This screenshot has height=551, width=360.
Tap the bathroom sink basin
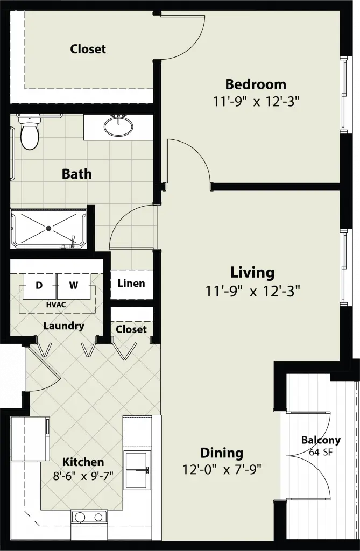[x=119, y=126]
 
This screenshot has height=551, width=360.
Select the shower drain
[x=49, y=228]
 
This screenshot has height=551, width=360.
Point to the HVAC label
[x=56, y=305]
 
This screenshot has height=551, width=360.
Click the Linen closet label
[x=131, y=283]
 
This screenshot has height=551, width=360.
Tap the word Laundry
[x=63, y=326]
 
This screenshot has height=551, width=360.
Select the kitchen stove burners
[x=89, y=517]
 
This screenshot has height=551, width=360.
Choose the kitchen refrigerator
[x=30, y=439]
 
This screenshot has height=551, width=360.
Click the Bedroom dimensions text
[x=256, y=102]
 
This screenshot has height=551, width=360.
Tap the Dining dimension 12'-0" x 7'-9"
[x=222, y=469]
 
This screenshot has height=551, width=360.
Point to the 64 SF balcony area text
[x=320, y=452]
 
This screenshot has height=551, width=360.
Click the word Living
[x=252, y=273]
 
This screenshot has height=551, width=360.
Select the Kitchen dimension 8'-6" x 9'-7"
[x=83, y=476]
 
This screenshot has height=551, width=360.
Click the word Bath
[x=76, y=174]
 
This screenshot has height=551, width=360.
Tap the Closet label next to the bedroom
[x=88, y=49]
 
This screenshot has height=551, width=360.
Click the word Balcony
[x=321, y=440]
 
